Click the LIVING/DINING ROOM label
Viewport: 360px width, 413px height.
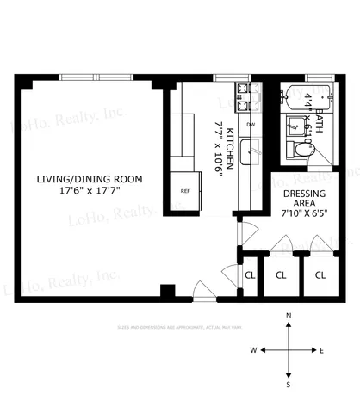click(88, 179)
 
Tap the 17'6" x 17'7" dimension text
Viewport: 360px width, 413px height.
click(88, 192)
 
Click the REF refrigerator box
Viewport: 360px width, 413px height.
click(184, 191)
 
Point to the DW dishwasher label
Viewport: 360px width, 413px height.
click(251, 126)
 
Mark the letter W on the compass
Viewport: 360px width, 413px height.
click(254, 350)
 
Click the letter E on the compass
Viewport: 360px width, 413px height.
click(321, 350)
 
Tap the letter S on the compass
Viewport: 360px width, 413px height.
click(289, 384)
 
